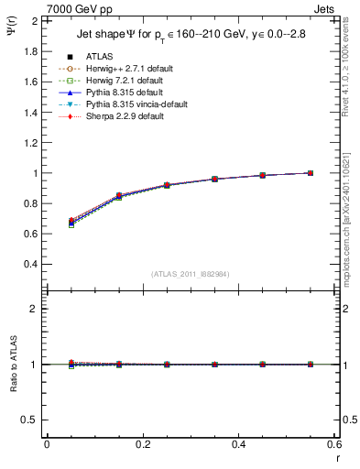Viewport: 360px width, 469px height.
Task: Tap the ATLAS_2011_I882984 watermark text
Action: tap(190, 274)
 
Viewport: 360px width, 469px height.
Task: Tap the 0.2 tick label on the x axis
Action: tap(142, 444)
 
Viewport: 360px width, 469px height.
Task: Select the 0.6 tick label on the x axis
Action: tap(334, 444)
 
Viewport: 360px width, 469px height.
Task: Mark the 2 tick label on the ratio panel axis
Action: tap(34, 309)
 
